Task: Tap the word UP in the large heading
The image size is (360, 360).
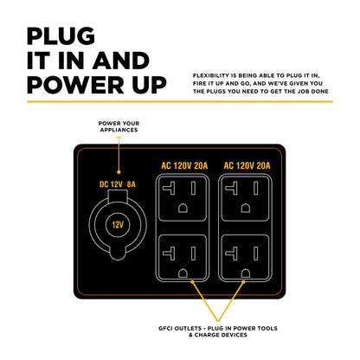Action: click(x=145, y=84)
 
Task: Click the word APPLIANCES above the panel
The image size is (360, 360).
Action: click(x=119, y=130)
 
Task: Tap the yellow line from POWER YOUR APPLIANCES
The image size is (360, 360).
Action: click(x=119, y=151)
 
